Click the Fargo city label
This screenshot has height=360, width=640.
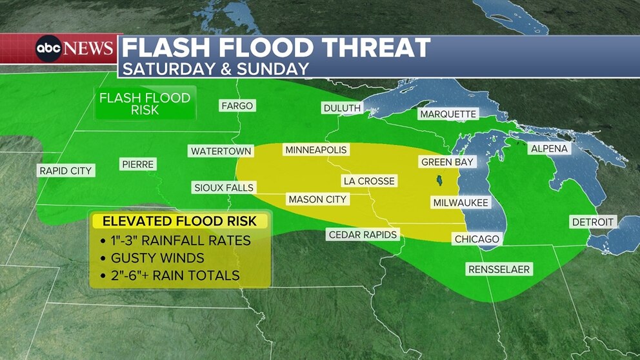click(x=237, y=106)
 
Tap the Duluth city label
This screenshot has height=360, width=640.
click(x=342, y=108)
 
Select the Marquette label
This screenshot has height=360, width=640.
click(x=448, y=114)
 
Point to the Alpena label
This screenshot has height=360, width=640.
click(x=549, y=148)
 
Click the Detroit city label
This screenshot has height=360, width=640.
click(x=593, y=222)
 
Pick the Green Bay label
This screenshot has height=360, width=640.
click(x=447, y=162)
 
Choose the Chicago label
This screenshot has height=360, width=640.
click(x=477, y=239)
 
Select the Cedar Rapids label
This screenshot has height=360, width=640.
click(x=363, y=234)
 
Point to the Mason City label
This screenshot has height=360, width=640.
click(x=317, y=199)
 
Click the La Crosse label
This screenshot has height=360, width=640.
click(x=369, y=181)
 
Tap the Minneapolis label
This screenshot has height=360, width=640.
click(x=316, y=150)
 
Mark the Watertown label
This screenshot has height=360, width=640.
click(x=221, y=151)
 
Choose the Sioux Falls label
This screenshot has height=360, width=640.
click(x=225, y=188)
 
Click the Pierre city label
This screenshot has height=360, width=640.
click(x=138, y=165)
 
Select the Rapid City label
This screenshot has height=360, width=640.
click(x=66, y=171)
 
